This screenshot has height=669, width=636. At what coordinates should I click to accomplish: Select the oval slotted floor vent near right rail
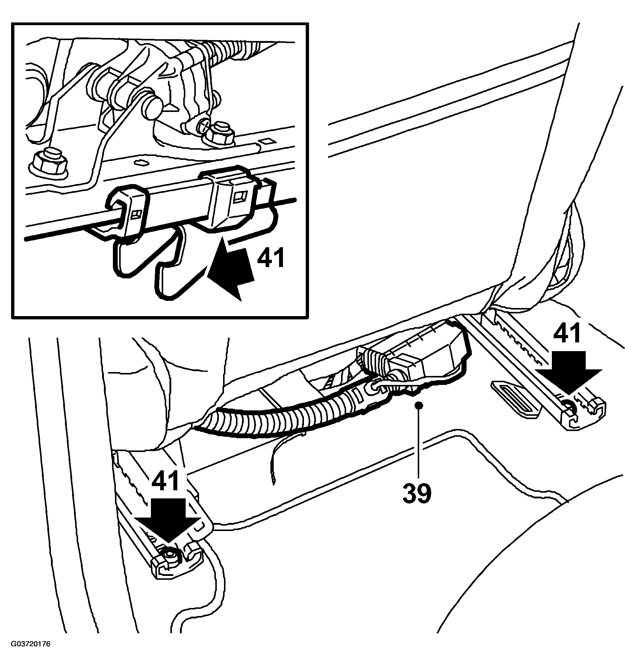pyautogui.click(x=515, y=397)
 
